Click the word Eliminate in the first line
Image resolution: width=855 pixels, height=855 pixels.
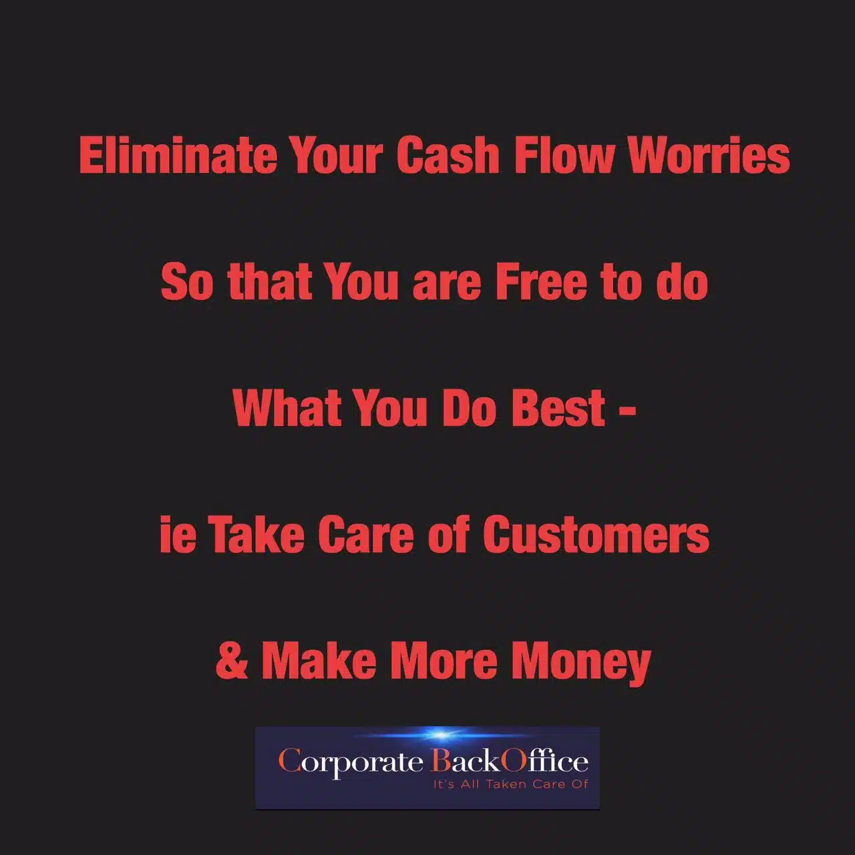click(x=178, y=155)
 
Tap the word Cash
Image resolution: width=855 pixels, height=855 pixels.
click(x=448, y=155)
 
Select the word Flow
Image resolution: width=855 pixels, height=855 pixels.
click(x=564, y=155)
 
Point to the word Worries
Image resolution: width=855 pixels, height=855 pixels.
click(x=709, y=155)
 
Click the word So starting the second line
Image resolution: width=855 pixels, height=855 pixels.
click(x=187, y=282)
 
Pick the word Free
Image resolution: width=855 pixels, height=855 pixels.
click(x=541, y=282)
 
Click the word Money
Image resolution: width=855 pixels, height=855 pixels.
click(x=581, y=663)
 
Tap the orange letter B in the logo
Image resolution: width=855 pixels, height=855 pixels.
click(x=440, y=761)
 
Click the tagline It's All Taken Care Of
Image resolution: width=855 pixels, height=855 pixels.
click(x=511, y=784)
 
